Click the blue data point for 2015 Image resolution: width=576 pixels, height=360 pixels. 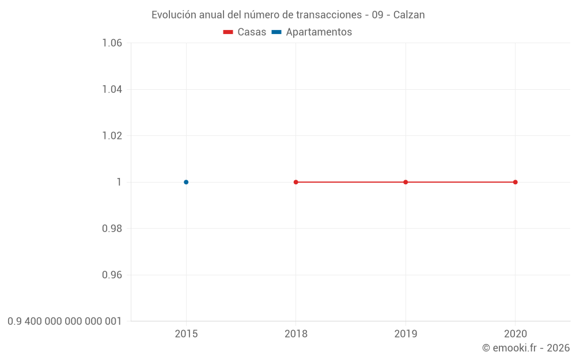point(186,182)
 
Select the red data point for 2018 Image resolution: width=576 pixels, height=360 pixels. point(296,182)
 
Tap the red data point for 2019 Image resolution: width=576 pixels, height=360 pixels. point(406,182)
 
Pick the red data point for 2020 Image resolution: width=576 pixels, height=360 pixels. point(516,182)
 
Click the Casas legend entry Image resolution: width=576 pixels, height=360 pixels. point(245,32)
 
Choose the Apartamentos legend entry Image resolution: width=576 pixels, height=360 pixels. point(312,32)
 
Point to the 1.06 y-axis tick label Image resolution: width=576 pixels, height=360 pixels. point(112,43)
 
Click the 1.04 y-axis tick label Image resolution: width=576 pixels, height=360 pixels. point(112,89)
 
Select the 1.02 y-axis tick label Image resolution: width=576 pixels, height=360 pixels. point(112,136)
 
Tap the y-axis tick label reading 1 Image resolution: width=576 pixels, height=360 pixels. point(119,182)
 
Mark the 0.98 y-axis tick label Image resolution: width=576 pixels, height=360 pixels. point(112,229)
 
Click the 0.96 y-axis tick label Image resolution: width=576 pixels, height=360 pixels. point(112,275)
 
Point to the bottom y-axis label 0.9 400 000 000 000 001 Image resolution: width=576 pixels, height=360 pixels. point(65,321)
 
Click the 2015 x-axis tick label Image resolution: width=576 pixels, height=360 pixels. point(186,334)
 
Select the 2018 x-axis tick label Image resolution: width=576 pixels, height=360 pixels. point(296,334)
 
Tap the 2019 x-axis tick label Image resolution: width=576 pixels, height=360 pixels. point(406,334)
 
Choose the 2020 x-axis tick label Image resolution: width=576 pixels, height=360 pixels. point(516,334)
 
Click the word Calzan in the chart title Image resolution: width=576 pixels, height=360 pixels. point(409,15)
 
